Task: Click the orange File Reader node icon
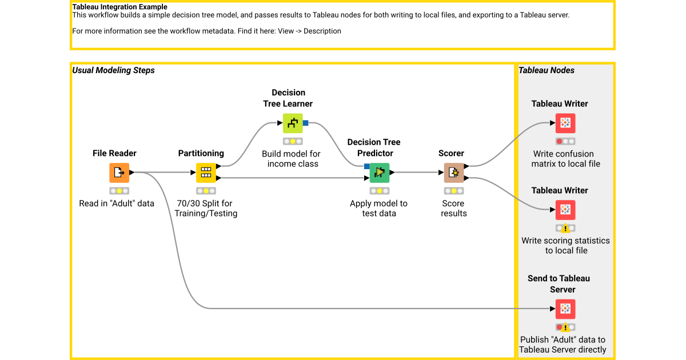pyautogui.click(x=119, y=172)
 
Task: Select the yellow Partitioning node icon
pyautogui.click(x=206, y=172)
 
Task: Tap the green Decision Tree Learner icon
pyautogui.click(x=293, y=123)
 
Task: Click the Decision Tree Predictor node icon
pyautogui.click(x=379, y=172)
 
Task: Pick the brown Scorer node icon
pyautogui.click(x=454, y=172)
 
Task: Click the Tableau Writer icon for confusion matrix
pyautogui.click(x=565, y=123)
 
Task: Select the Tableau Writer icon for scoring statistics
pyautogui.click(x=565, y=210)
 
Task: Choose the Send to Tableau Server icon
pyautogui.click(x=565, y=309)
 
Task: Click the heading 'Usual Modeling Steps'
pyautogui.click(x=113, y=70)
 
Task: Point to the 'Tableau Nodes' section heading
pyautogui.click(x=547, y=70)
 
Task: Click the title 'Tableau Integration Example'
pyautogui.click(x=119, y=7)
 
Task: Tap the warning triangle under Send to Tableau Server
pyautogui.click(x=565, y=327)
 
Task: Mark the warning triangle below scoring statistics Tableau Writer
pyautogui.click(x=565, y=229)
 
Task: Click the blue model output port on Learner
pyautogui.click(x=306, y=123)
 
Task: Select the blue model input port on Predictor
pyautogui.click(x=366, y=166)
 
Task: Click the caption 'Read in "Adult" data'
pyautogui.click(x=117, y=203)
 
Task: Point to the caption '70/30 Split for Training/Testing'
pyautogui.click(x=206, y=209)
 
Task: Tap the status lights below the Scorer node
pyautogui.click(x=454, y=191)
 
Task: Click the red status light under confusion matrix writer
pyautogui.click(x=559, y=141)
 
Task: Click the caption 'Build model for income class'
pyautogui.click(x=292, y=159)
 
